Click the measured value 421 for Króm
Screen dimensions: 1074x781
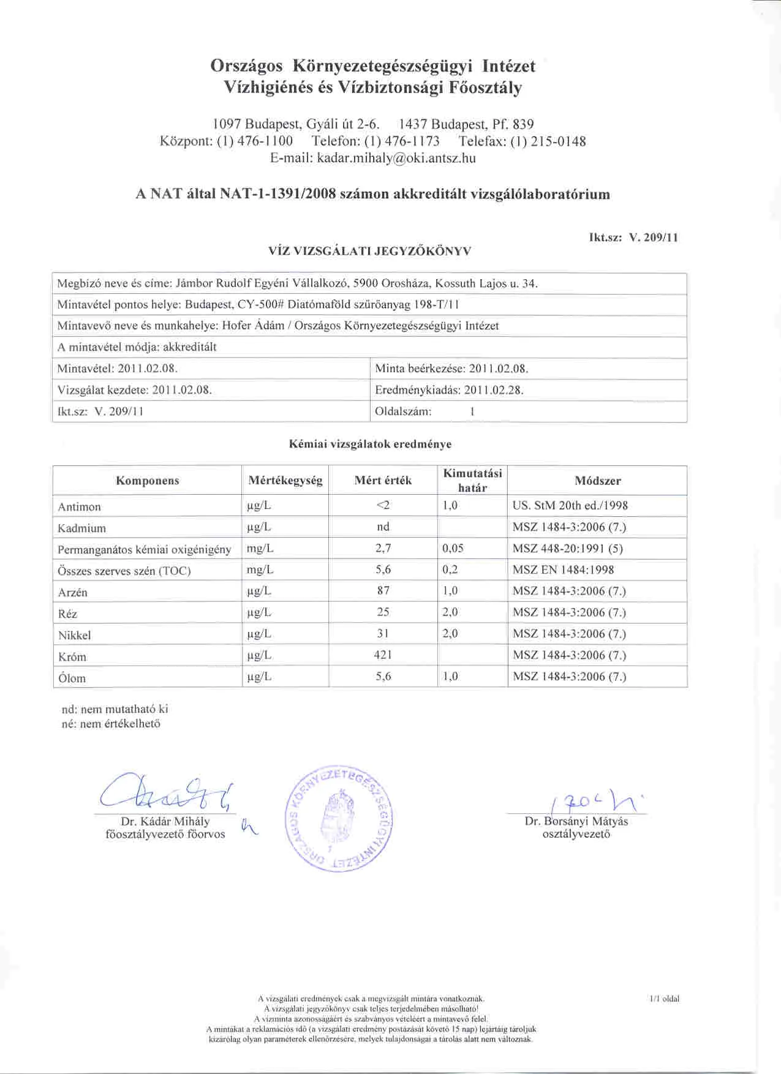[383, 655]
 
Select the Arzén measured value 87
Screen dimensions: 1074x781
[383, 591]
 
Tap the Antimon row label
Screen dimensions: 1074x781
[79, 506]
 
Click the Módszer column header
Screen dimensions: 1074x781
[597, 481]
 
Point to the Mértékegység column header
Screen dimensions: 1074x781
[285, 481]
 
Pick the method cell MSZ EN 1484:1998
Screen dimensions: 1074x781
[563, 570]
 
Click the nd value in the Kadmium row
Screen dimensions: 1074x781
[383, 527]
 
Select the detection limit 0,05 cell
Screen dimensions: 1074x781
[453, 549]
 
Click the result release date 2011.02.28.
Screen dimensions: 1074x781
[494, 390]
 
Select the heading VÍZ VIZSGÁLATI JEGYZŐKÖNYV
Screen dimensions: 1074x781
[369, 250]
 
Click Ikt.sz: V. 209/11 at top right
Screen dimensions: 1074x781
[633, 238]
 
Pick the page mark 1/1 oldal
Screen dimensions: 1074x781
[664, 998]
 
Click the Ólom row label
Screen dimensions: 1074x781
[72, 678]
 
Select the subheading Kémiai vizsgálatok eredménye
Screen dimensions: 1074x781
[370, 444]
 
